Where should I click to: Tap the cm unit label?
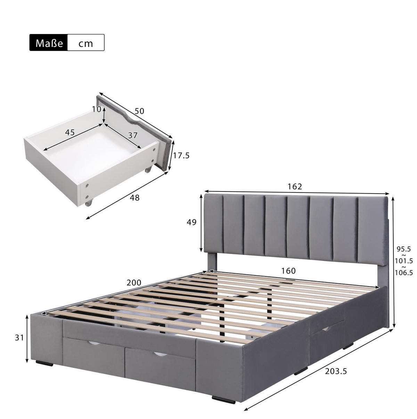tap(85, 44)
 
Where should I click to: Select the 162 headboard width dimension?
tap(295, 186)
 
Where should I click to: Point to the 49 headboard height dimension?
tap(191, 222)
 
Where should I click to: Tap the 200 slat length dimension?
tap(134, 282)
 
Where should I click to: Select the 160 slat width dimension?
tap(288, 271)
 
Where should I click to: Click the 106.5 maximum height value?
tap(404, 272)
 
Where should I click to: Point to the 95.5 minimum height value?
tap(403, 249)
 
